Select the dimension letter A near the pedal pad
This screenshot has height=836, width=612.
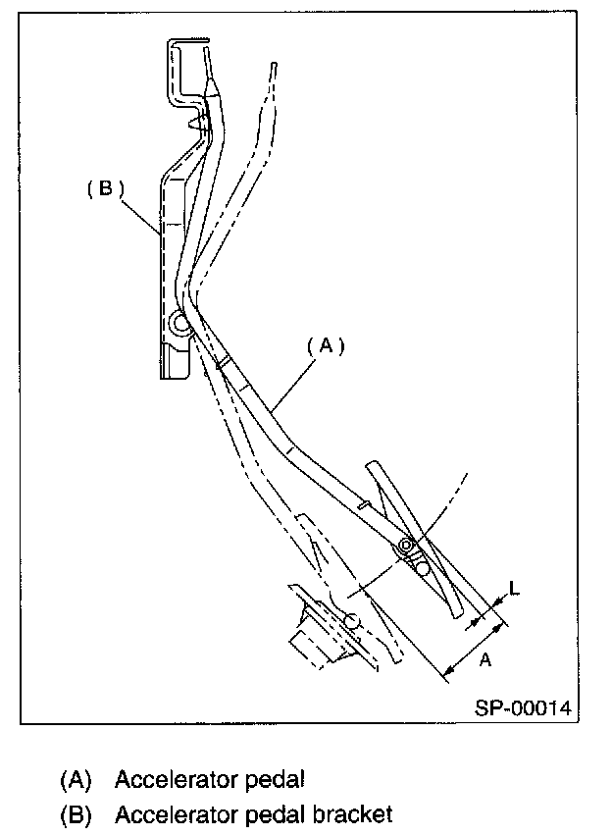(484, 661)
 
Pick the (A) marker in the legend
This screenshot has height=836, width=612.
(76, 780)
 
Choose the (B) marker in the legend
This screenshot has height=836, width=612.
(76, 814)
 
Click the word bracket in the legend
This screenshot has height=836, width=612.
(349, 814)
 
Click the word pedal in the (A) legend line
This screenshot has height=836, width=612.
(276, 780)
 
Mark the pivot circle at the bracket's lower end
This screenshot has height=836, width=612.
(179, 322)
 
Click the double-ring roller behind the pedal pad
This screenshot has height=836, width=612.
(405, 545)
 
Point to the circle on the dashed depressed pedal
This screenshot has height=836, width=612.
(351, 620)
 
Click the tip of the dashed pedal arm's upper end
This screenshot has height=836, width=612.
(272, 66)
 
